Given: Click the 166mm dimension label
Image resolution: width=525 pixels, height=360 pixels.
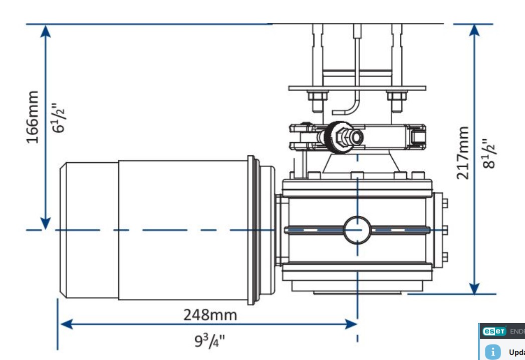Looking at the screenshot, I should [x=33, y=117].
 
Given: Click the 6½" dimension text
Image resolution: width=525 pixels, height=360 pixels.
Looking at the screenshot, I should [x=60, y=119].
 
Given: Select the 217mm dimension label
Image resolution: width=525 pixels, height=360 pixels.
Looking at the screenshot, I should [x=463, y=152].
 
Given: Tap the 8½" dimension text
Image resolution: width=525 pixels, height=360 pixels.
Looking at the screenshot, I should [x=488, y=154].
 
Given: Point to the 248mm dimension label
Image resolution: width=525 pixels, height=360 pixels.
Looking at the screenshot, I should [x=209, y=315].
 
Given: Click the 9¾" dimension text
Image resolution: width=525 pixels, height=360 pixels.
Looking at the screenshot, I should [x=210, y=341].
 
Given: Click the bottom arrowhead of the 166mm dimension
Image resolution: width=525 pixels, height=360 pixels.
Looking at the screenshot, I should [x=46, y=223].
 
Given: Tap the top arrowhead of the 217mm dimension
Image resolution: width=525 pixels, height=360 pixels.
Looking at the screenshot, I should [x=474, y=30].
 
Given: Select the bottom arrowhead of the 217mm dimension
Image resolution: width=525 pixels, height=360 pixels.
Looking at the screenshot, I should [x=474, y=288].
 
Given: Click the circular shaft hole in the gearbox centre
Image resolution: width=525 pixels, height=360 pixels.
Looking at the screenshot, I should [x=357, y=230].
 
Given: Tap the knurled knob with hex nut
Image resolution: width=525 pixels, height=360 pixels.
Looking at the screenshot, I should [x=337, y=137].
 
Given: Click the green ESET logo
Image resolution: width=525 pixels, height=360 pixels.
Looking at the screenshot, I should [x=494, y=331].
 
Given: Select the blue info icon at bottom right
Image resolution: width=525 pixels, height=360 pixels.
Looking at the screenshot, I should [x=493, y=351].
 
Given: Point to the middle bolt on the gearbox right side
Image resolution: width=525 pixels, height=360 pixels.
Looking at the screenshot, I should [x=444, y=230].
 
